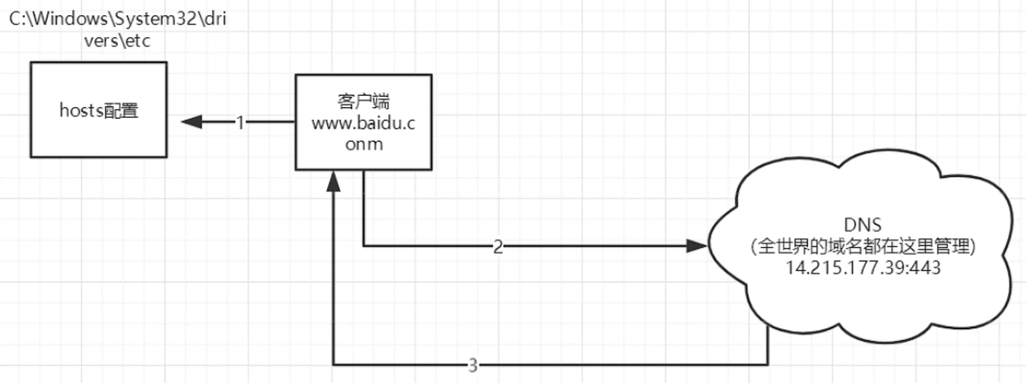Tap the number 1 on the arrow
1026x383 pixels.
click(240, 122)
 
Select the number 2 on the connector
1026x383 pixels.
click(498, 246)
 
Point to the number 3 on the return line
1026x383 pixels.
click(472, 365)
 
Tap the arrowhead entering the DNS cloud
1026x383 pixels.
click(697, 246)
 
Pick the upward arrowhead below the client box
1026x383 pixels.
click(333, 182)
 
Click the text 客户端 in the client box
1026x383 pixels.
click(363, 101)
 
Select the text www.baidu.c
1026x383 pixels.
click(363, 123)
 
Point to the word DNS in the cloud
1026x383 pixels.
click(863, 225)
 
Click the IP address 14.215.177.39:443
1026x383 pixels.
click(863, 267)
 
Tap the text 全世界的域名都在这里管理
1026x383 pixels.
click(863, 246)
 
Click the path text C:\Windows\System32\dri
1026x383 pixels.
click(117, 19)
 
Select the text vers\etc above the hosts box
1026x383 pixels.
click(117, 41)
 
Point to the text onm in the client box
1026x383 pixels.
click(364, 144)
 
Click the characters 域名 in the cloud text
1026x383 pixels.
click(848, 246)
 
